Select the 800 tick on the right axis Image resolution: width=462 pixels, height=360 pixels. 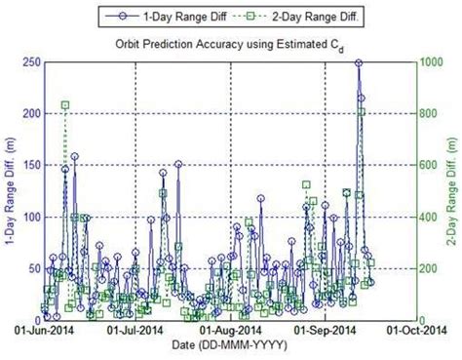(431, 113)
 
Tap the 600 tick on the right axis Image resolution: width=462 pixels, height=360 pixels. (431, 165)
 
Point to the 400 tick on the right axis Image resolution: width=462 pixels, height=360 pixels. (431, 217)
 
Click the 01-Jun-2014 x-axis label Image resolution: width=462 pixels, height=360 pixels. (41, 331)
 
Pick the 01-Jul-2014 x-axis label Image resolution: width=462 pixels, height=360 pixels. (135, 331)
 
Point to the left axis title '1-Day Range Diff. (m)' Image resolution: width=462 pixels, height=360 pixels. (9, 190)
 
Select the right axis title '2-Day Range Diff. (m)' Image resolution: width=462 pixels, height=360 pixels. (454, 190)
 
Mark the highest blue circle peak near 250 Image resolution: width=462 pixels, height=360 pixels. (359, 62)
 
